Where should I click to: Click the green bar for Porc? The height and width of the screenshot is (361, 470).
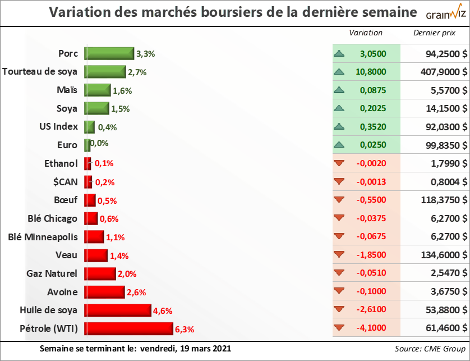109,53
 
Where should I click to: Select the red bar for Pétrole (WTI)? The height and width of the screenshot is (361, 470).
129,328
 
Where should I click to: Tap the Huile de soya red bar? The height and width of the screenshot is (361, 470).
118,310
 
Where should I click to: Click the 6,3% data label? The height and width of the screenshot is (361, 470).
185,330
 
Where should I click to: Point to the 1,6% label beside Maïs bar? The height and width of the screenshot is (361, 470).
122,91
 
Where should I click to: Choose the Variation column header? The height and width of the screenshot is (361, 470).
366,33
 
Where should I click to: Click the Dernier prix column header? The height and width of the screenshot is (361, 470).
434,33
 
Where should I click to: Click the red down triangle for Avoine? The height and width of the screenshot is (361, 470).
338,292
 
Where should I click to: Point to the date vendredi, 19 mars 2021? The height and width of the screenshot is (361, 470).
185,349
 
